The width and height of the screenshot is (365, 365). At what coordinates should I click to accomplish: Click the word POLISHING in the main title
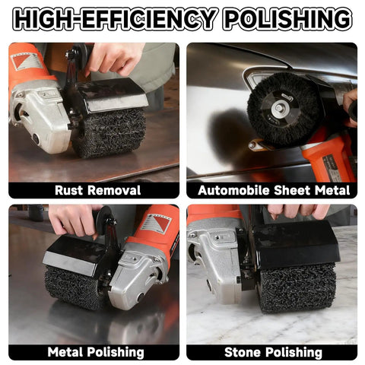coord(289,19)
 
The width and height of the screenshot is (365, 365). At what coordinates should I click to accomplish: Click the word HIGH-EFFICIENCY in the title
coord(115,19)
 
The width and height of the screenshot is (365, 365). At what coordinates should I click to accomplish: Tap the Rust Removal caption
coord(97,190)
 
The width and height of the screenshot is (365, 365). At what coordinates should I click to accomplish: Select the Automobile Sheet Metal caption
coord(274,190)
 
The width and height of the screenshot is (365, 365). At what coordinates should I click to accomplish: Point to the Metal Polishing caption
coord(96,352)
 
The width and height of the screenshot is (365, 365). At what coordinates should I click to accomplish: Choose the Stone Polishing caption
coord(273,352)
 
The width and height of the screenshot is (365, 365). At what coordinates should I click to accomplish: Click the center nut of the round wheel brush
coord(279,109)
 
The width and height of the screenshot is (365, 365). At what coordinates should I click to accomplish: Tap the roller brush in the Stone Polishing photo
coord(297,287)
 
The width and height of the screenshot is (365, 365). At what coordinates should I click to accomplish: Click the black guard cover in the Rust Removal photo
coord(112,95)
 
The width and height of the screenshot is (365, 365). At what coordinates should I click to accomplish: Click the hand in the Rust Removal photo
coord(114,58)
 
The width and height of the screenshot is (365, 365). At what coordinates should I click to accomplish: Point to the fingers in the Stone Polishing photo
coord(298,212)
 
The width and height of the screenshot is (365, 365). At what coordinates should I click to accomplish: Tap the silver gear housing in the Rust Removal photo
coord(38,116)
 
